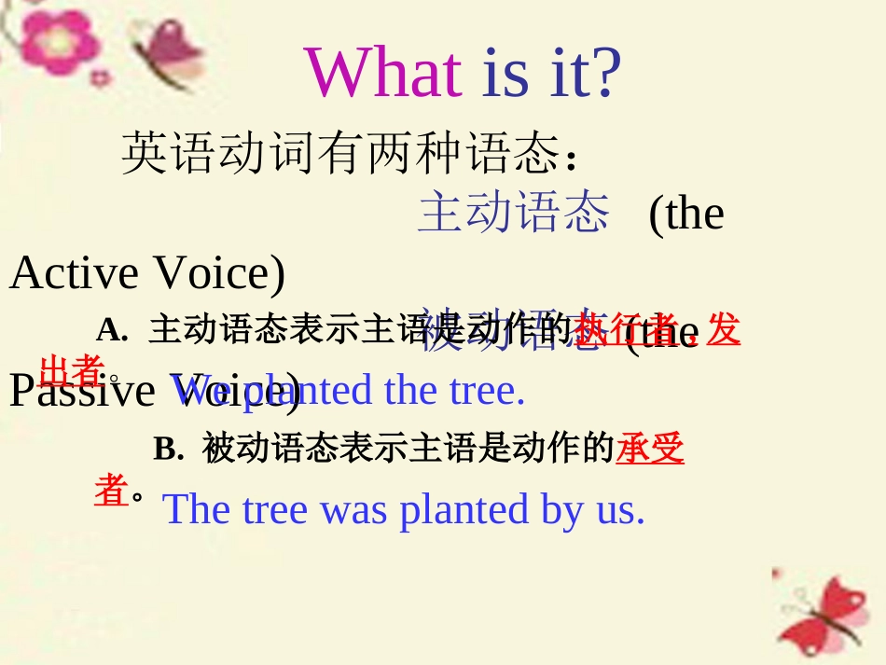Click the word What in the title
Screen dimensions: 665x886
pyautogui.click(x=382, y=73)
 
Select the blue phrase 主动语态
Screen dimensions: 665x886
pyautogui.click(x=514, y=212)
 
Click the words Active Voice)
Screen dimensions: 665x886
pyautogui.click(x=147, y=273)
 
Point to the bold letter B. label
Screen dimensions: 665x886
pyautogui.click(x=169, y=450)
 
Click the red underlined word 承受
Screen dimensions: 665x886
pyautogui.click(x=650, y=450)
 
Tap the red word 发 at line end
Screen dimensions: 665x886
pyautogui.click(x=724, y=330)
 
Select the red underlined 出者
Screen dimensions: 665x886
pyautogui.click(x=71, y=370)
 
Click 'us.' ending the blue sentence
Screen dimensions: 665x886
pyautogui.click(x=620, y=509)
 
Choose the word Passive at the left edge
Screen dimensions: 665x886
pyautogui.click(x=81, y=390)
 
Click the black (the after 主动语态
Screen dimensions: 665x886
pyautogui.click(x=685, y=214)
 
